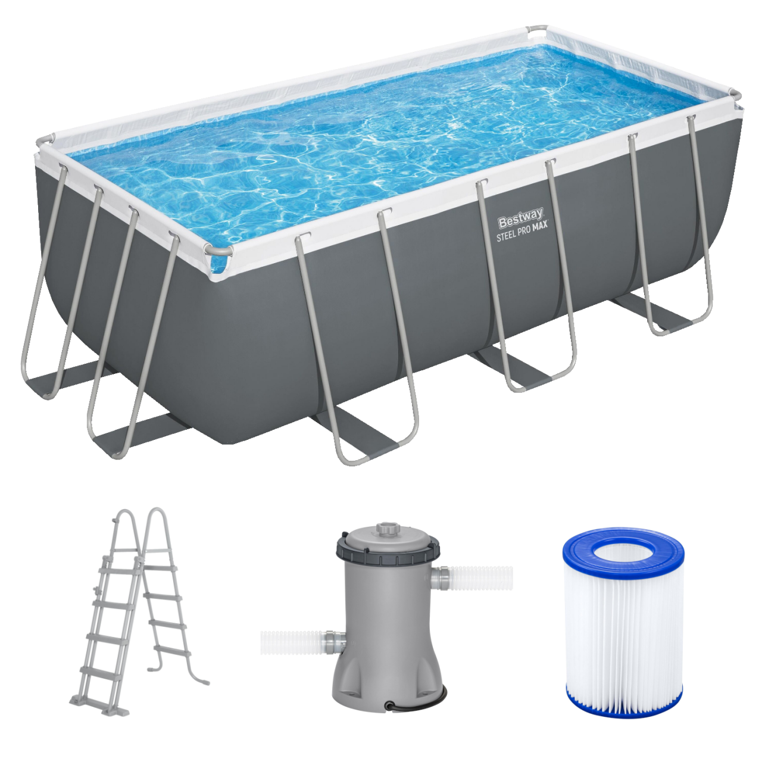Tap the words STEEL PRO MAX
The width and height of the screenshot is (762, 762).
(522, 233)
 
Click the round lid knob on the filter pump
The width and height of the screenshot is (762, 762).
(388, 529)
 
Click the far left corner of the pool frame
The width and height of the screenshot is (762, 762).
(43, 143)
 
